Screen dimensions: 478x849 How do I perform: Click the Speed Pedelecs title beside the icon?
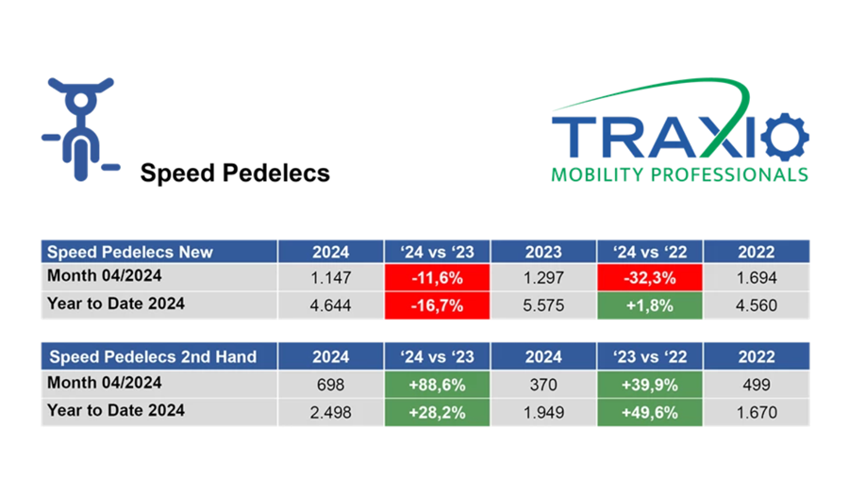(x=235, y=173)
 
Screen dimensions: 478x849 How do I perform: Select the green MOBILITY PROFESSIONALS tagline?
(x=679, y=174)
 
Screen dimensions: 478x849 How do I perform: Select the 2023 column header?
(x=542, y=252)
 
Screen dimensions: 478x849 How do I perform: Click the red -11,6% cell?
(x=437, y=278)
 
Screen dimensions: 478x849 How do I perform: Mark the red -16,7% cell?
(x=437, y=305)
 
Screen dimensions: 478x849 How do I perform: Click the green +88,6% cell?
(x=437, y=384)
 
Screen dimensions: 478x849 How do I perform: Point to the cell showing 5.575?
(x=542, y=305)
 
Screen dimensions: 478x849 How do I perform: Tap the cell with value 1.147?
(x=330, y=278)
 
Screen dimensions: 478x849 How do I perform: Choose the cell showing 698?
(x=330, y=384)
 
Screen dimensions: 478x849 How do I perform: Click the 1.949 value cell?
(x=542, y=410)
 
